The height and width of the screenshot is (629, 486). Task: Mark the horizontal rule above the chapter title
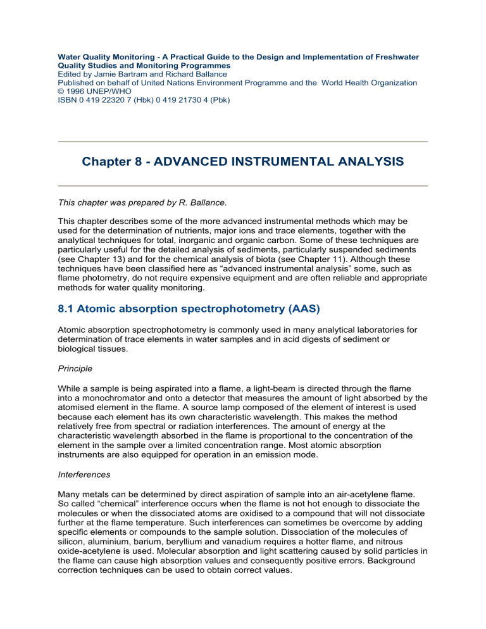click(242, 142)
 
